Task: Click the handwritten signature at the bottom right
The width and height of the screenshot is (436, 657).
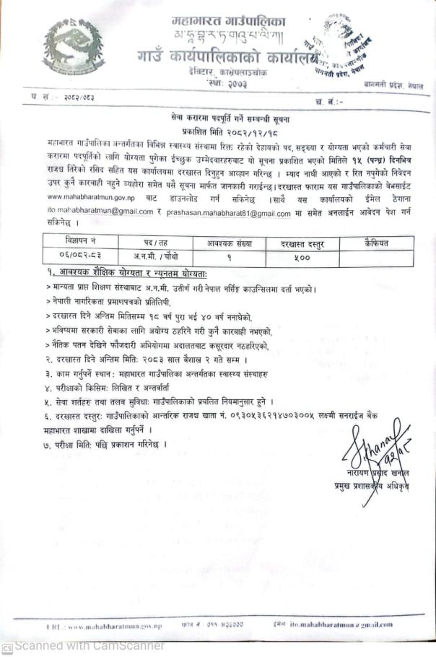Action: [378, 443]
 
